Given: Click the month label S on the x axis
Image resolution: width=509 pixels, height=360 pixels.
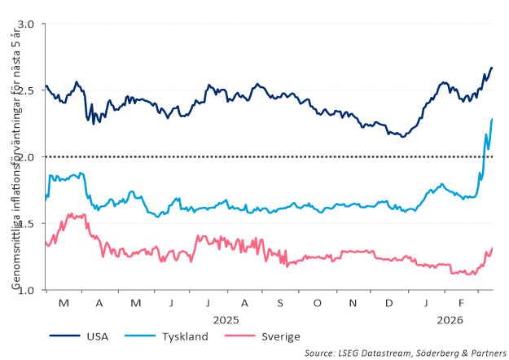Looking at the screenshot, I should [x=280, y=304].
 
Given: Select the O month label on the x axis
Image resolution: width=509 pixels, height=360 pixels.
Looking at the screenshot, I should [x=317, y=304].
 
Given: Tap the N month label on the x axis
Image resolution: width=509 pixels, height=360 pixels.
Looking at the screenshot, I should [x=353, y=304].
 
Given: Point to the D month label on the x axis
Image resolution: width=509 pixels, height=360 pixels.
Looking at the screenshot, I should [x=388, y=304].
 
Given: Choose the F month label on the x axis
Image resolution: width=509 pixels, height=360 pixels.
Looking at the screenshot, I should [x=461, y=304].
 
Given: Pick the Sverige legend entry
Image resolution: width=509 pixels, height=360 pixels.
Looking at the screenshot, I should [x=279, y=336].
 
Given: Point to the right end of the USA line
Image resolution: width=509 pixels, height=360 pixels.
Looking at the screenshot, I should [x=492, y=68].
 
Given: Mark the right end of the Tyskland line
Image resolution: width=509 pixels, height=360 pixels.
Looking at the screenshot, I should [x=492, y=120].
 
